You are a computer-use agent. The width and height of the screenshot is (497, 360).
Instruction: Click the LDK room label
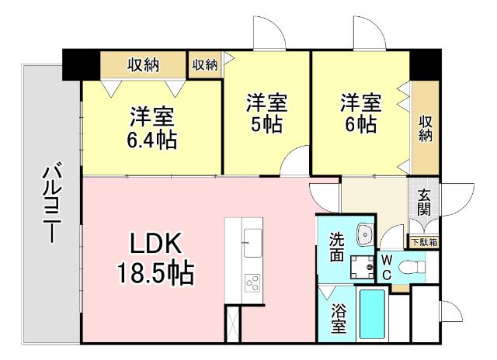coord(155,244)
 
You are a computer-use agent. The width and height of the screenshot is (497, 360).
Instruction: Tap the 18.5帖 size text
coord(155,273)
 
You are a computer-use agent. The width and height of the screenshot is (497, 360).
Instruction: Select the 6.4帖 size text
coord(152,140)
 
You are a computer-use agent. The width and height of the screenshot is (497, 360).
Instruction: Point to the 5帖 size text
coord(267,125)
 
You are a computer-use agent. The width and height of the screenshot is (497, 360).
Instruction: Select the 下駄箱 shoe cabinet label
coord(423,242)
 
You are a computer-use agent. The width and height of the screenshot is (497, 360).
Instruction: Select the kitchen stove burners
coord(254,282)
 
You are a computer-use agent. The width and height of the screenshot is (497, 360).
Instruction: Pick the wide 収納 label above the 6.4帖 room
coord(144,64)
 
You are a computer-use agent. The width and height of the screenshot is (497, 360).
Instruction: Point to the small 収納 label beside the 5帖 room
coord(205,64)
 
